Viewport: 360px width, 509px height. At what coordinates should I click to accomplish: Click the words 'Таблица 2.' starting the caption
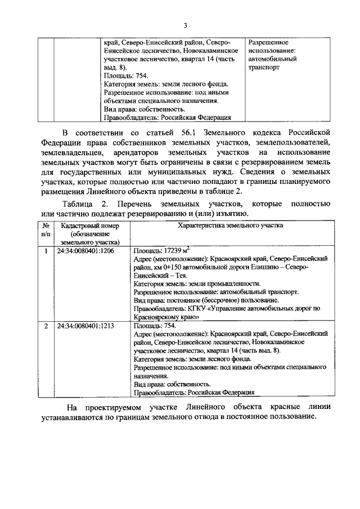pyautogui.click(x=85, y=204)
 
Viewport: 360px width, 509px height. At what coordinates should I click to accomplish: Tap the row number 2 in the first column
pyautogui.click(x=45, y=326)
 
